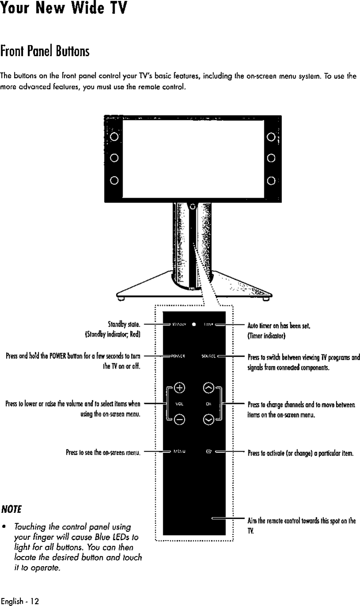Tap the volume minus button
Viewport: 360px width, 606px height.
(x=179, y=420)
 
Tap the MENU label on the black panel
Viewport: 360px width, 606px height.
(x=178, y=452)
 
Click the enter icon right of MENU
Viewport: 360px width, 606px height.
(x=208, y=452)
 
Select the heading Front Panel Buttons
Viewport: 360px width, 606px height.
(x=45, y=51)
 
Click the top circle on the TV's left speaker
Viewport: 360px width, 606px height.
(x=114, y=136)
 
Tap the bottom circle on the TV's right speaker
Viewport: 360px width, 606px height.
(x=271, y=180)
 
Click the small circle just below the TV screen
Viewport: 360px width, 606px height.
(x=193, y=206)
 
